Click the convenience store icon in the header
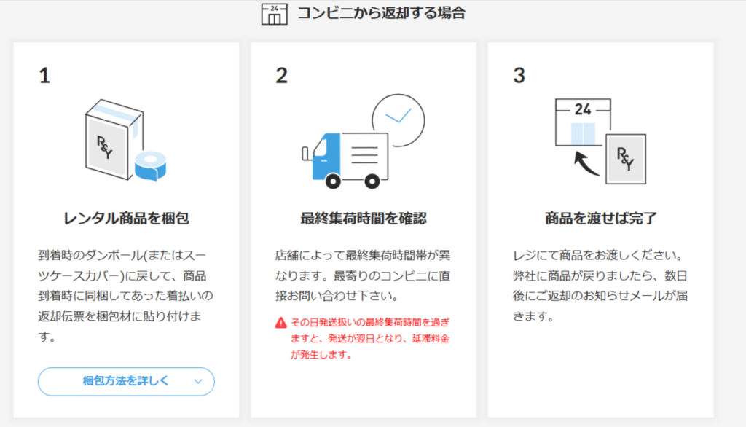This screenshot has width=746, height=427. click(x=274, y=14)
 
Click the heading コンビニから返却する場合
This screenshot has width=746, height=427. click(x=381, y=13)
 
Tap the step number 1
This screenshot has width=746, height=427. click(x=44, y=76)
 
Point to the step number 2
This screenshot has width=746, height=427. click(x=282, y=76)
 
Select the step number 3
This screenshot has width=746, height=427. click(x=519, y=76)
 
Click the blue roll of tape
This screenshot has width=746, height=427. click(x=150, y=166)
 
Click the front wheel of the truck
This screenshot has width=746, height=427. click(x=333, y=181)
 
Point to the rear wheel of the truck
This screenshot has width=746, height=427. click(x=372, y=181)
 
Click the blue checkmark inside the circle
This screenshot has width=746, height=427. click(x=398, y=116)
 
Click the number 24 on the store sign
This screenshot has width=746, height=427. click(x=583, y=109)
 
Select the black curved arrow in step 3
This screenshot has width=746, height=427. click(x=586, y=162)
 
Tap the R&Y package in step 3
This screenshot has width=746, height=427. click(x=626, y=159)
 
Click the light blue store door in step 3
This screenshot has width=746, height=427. click(x=583, y=134)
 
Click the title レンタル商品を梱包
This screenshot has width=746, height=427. click(x=126, y=219)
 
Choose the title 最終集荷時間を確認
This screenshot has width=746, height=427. click(x=364, y=219)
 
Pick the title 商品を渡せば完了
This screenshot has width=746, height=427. click(x=600, y=219)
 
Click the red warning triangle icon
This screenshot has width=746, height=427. click(x=280, y=323)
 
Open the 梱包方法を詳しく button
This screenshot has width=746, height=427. click(x=126, y=381)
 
